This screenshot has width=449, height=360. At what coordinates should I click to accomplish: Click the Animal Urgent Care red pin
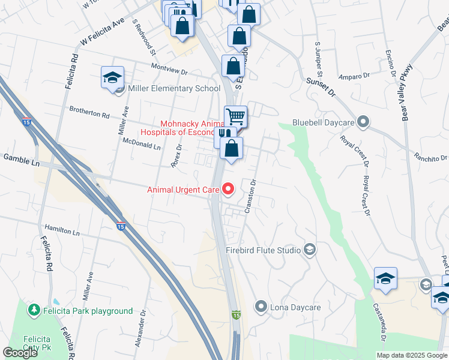coord(228,190)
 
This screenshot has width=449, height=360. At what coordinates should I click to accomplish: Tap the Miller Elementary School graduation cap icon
coord(112,78)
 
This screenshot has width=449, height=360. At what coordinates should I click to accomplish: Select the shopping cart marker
coord(236,116)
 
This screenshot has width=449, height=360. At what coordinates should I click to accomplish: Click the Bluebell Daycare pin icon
coord(363,122)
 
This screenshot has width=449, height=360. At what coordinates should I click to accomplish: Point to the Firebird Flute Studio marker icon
coord(310,250)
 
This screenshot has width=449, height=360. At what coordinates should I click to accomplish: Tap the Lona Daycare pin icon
coord(261,307)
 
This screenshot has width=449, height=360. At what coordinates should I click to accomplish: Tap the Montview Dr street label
coord(169,70)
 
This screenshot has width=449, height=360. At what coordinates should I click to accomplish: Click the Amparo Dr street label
coord(354,76)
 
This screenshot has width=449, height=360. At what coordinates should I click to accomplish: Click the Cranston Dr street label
coord(250,197)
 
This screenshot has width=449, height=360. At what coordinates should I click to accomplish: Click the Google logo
coord(20,353)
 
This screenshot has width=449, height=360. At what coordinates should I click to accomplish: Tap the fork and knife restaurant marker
coord(222,134)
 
